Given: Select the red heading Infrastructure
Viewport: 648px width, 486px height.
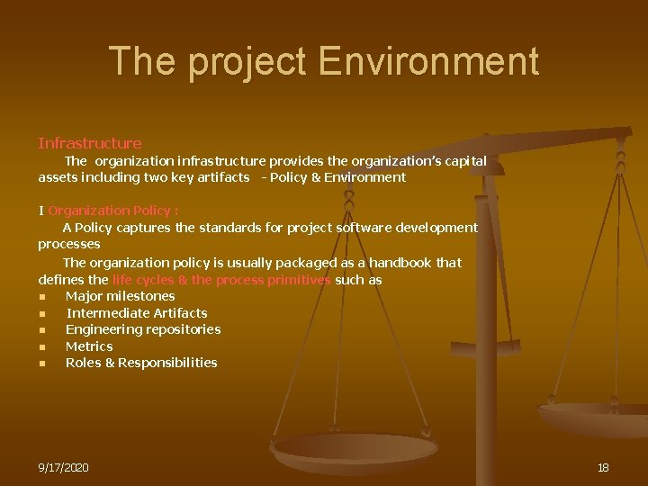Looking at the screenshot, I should click(90, 143).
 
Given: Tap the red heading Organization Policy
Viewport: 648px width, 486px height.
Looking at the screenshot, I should click(113, 211).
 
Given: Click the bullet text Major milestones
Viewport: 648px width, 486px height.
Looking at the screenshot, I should click(121, 296).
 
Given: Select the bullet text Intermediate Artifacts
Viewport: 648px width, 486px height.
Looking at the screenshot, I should click(137, 313).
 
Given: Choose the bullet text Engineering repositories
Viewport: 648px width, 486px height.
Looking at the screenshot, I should click(143, 329).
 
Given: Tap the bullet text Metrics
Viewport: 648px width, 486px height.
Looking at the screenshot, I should click(89, 346).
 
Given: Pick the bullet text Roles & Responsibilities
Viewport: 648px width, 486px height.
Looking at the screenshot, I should click(141, 363).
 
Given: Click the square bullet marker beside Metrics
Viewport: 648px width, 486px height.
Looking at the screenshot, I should click(42, 346).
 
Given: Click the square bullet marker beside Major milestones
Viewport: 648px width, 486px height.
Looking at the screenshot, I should click(42, 296).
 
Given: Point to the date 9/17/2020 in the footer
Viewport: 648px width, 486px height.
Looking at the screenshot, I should click(63, 468).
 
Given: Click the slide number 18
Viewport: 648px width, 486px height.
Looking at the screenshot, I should click(603, 468).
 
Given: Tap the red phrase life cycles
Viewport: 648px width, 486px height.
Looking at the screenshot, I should click(144, 280).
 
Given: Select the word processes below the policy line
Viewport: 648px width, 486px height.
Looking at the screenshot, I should click(69, 244).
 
